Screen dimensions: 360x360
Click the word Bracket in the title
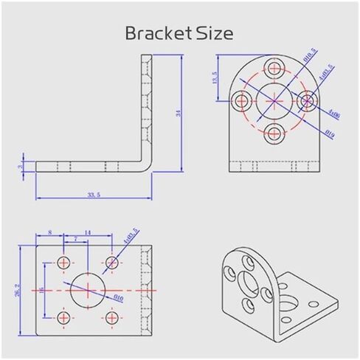point(151,33)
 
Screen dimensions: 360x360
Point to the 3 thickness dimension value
point(21,166)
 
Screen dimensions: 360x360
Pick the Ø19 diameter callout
point(330,134)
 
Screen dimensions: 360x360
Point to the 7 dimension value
point(76,239)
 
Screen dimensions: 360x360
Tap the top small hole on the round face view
point(275,69)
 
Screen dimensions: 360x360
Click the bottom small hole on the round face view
point(275,133)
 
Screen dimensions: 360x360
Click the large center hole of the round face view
point(275,101)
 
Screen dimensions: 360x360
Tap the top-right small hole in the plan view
point(112,262)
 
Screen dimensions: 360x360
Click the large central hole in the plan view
point(88,289)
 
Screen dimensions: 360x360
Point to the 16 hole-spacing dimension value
point(42,289)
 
